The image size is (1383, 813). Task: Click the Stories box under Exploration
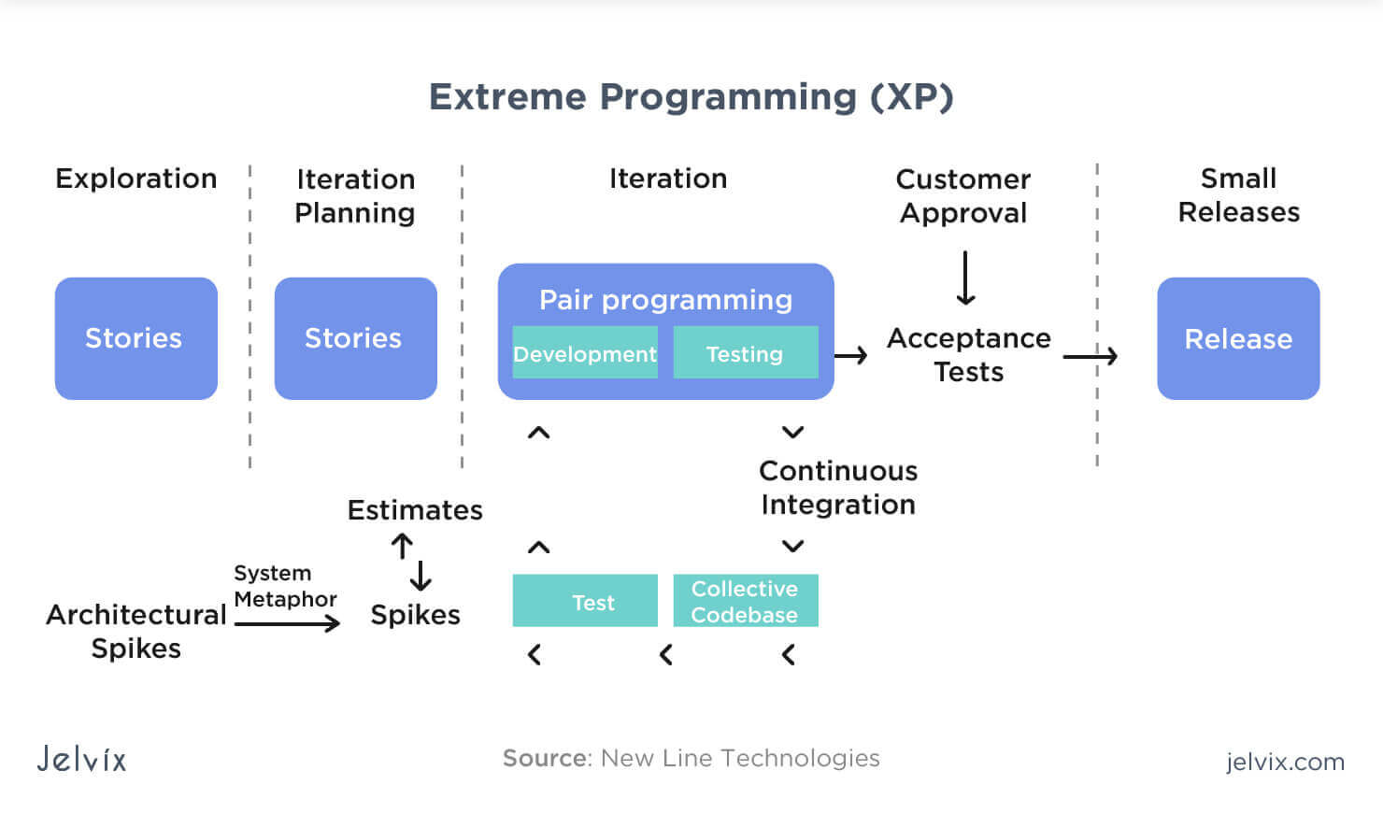point(135,338)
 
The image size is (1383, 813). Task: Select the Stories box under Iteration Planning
point(355,338)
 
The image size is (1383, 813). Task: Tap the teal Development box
point(585,353)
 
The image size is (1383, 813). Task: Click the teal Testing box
point(745,353)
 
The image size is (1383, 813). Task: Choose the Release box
point(1238,338)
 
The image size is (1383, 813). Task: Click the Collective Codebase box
point(745,601)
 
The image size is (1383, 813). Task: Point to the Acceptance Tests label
point(968,354)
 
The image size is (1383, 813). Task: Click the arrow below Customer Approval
point(966,278)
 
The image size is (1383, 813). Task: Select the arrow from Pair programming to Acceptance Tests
point(850,355)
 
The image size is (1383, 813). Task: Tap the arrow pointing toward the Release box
point(1090,356)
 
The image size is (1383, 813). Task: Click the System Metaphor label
point(285,586)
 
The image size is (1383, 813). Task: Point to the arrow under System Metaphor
point(287,622)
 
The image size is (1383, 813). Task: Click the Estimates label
point(415,510)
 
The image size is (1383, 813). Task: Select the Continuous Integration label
point(838,487)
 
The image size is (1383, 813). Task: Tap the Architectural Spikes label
point(136,631)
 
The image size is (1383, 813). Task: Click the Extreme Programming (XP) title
point(691,97)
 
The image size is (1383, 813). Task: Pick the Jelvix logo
point(82,758)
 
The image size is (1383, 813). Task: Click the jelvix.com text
point(1285,762)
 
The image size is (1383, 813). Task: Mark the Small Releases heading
point(1238,194)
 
